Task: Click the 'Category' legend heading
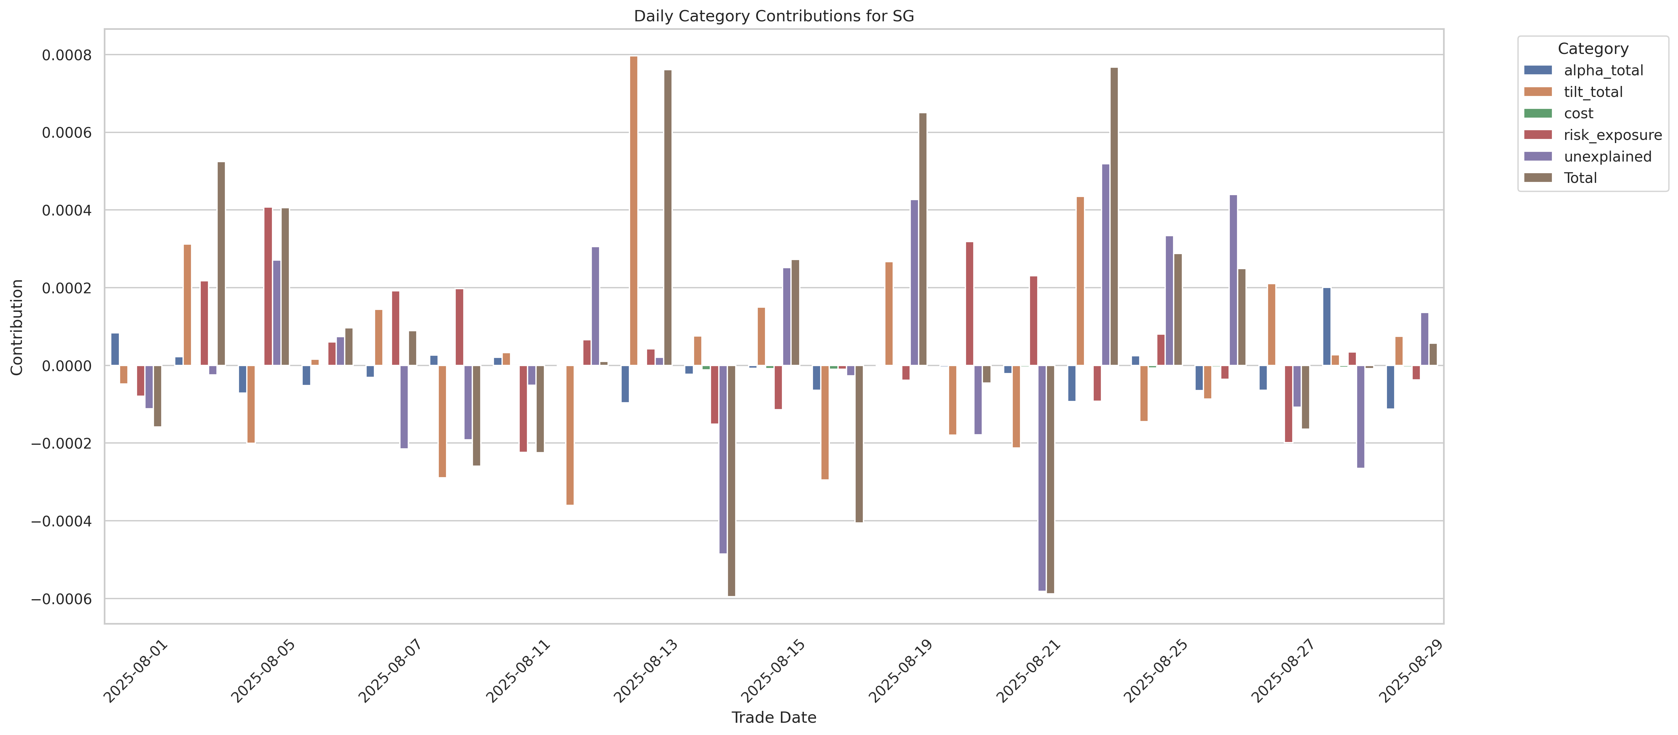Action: [x=1593, y=49]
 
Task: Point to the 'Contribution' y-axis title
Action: [x=17, y=327]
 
